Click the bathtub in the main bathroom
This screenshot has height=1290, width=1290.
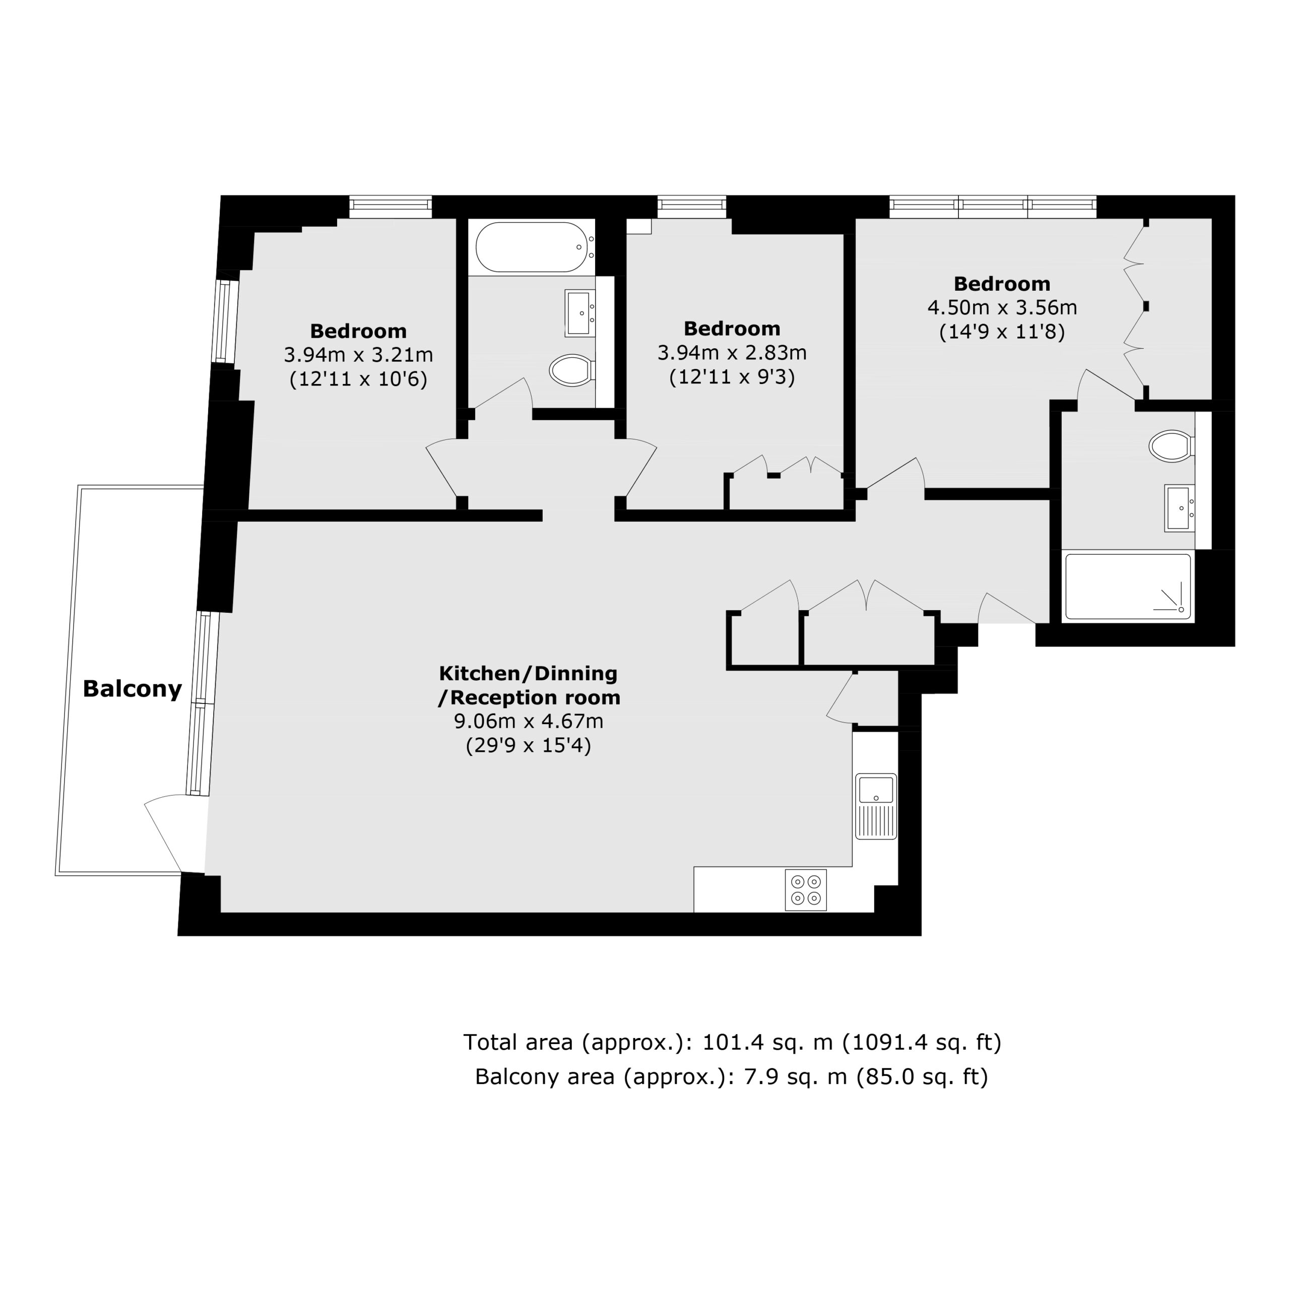pyautogui.click(x=532, y=246)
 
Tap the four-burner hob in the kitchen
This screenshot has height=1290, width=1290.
pyautogui.click(x=806, y=890)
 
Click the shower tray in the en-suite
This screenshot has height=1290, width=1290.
pyautogui.click(x=1128, y=586)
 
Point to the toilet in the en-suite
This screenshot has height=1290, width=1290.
pyautogui.click(x=1172, y=446)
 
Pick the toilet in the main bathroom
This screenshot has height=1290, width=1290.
pyautogui.click(x=572, y=370)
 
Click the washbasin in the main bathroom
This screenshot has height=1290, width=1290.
pyautogui.click(x=580, y=312)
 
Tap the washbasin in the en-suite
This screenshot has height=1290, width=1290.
pyautogui.click(x=1180, y=508)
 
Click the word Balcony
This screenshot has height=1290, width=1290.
pyautogui.click(x=132, y=688)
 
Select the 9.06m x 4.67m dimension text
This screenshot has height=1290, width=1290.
pyautogui.click(x=529, y=721)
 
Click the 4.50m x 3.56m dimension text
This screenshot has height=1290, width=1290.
pyautogui.click(x=1002, y=308)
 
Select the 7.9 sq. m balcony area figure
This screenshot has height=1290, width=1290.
pyautogui.click(x=796, y=1077)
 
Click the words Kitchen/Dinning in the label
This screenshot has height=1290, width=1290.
pyautogui.click(x=528, y=673)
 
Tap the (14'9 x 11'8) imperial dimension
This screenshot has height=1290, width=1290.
pyautogui.click(x=1002, y=332)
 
